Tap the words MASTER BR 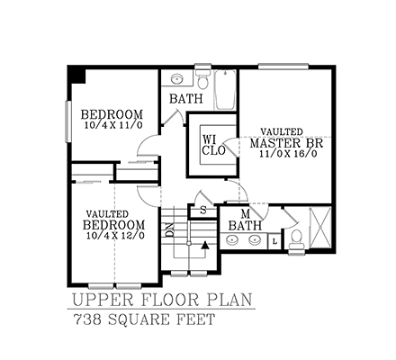pyautogui.click(x=286, y=143)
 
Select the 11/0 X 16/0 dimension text pyautogui.click(x=285, y=156)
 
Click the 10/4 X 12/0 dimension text pyautogui.click(x=112, y=236)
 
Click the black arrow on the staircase pyautogui.click(x=205, y=243)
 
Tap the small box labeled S pyautogui.click(x=203, y=210)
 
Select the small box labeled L pyautogui.click(x=274, y=239)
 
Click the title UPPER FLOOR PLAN pyautogui.click(x=162, y=299)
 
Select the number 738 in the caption pyautogui.click(x=86, y=319)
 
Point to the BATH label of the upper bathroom pyautogui.click(x=186, y=98)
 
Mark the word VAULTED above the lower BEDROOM pyautogui.click(x=109, y=212)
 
